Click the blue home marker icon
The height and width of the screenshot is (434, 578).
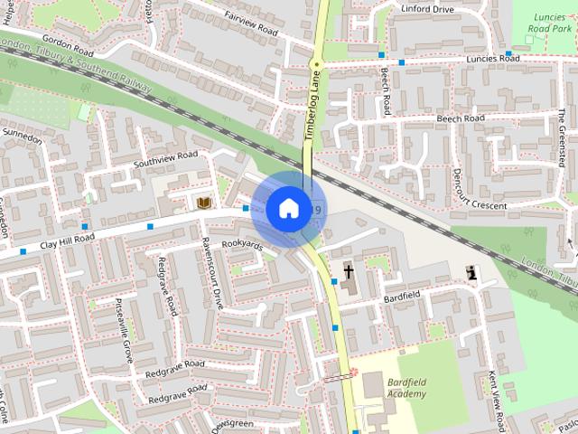point(287,209)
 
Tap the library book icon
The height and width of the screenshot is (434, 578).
point(203,203)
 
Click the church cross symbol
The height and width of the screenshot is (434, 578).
point(349,271)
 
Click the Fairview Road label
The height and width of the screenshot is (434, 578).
point(248,29)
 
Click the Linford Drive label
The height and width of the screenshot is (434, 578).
point(429,9)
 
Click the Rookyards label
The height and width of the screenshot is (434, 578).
point(242,245)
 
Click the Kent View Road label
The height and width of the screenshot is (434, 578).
point(496,397)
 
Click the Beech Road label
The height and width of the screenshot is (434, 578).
point(461,118)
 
